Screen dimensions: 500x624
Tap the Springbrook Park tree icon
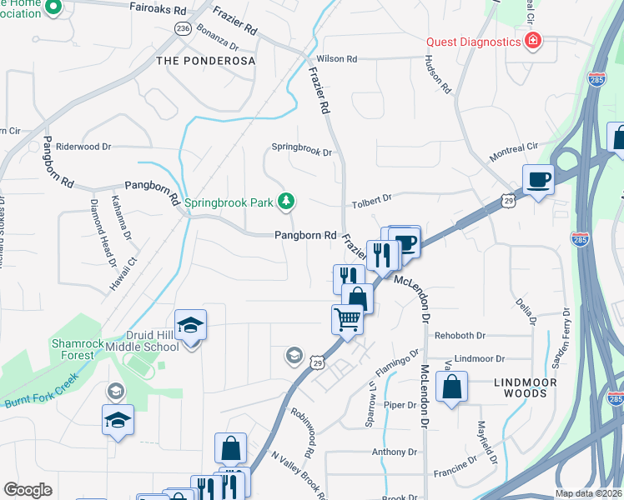click(286, 201)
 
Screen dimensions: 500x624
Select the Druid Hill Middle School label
click(153, 341)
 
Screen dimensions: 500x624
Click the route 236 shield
click(184, 28)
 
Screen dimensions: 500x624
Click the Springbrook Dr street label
click(302, 152)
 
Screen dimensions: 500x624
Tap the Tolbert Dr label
click(371, 199)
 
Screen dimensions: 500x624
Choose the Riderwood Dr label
click(83, 147)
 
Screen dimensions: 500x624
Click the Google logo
click(28, 490)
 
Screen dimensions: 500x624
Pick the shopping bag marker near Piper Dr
click(451, 387)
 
